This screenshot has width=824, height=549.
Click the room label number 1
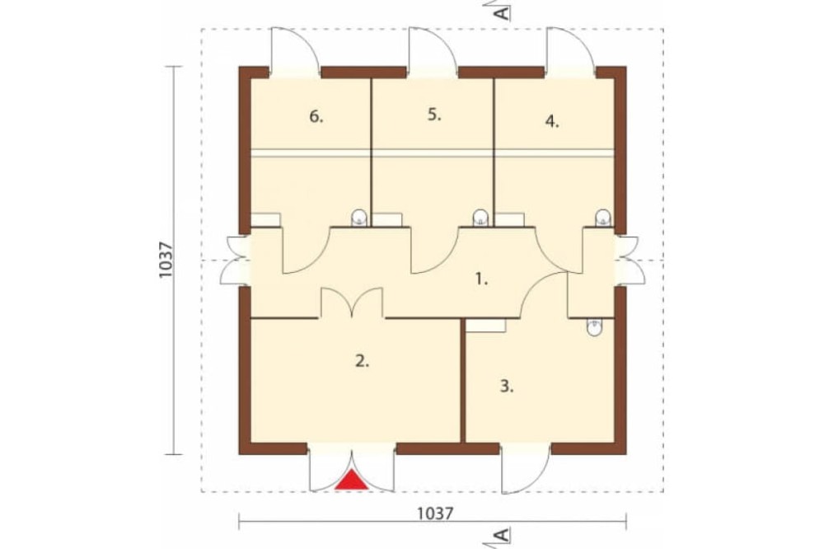(481, 279)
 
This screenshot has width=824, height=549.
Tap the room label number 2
(362, 361)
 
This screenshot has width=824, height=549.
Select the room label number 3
(506, 387)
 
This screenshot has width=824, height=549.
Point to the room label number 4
(552, 121)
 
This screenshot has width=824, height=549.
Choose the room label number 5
(434, 115)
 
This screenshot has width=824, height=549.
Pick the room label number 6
(316, 116)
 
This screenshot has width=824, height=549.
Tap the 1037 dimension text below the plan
(434, 514)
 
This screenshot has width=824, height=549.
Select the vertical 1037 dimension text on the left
(165, 260)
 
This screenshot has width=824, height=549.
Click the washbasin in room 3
(594, 328)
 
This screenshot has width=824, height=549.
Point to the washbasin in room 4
(603, 218)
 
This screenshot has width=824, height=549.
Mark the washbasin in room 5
(480, 218)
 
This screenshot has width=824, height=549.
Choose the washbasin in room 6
(358, 218)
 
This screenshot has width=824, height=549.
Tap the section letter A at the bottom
(503, 535)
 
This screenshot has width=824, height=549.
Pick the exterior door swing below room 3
(526, 469)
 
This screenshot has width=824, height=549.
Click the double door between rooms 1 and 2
(352, 303)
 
